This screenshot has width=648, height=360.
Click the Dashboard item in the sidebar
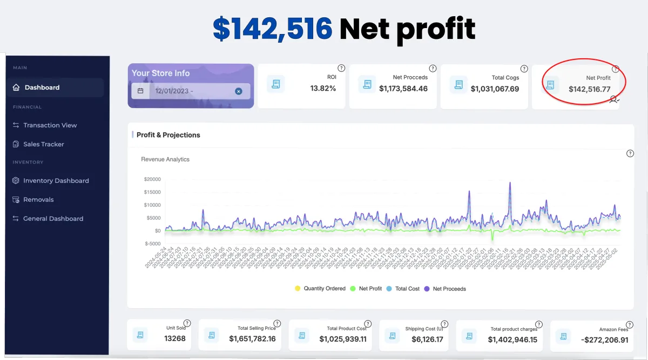click(x=42, y=87)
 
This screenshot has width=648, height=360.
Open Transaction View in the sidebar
click(x=50, y=125)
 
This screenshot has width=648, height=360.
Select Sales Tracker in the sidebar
click(x=43, y=144)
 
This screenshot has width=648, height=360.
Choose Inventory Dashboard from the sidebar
click(x=56, y=181)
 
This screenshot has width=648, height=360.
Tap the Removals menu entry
click(x=38, y=200)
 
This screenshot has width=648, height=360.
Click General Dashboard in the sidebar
click(x=53, y=219)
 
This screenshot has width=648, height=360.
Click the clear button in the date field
click(x=239, y=91)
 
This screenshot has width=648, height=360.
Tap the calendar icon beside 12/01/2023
click(x=140, y=91)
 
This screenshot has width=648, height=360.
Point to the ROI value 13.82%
click(x=323, y=89)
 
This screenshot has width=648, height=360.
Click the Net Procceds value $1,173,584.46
click(x=403, y=89)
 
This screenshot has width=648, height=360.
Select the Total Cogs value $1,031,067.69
click(x=495, y=89)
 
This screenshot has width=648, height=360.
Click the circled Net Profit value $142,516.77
click(x=589, y=89)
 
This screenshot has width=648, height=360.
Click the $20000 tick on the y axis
click(x=152, y=179)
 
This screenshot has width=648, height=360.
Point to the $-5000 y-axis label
click(x=152, y=243)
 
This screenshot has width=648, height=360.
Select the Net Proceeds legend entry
click(x=449, y=289)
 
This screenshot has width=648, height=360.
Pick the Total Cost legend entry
click(x=407, y=289)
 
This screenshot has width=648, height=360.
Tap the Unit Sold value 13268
click(x=175, y=339)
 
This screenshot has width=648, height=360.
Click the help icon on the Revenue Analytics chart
click(x=630, y=153)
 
